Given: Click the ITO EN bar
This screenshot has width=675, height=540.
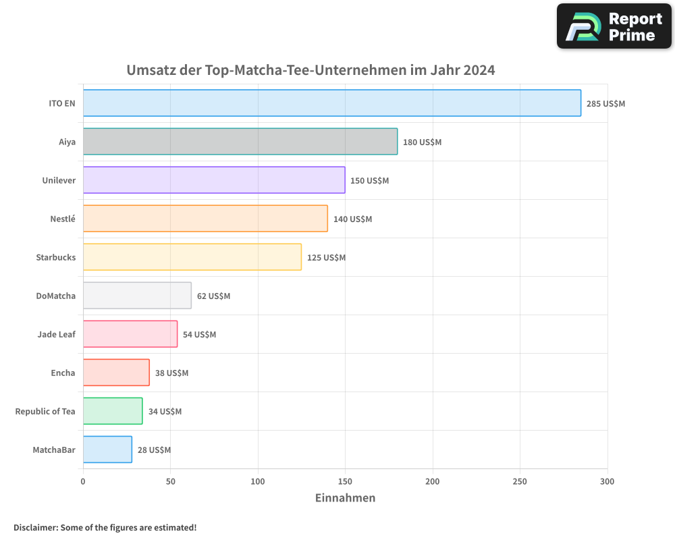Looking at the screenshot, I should click(x=331, y=103).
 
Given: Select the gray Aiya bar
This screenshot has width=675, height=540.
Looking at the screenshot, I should click(x=240, y=142).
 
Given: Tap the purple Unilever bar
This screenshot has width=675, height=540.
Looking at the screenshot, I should click(x=213, y=180).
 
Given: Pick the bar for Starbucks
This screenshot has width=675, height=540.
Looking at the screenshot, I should click(x=192, y=257).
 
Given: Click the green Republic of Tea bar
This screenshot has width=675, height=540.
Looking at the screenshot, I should click(x=113, y=411).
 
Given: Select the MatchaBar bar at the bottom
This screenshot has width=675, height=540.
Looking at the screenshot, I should click(x=107, y=450).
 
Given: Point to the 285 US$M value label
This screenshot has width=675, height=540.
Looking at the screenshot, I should click(x=605, y=104).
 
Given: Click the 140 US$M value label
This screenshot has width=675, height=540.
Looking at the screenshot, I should click(x=352, y=219).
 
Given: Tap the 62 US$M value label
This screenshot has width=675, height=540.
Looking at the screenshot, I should click(x=213, y=296).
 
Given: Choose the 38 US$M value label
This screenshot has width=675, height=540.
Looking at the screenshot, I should click(x=171, y=373).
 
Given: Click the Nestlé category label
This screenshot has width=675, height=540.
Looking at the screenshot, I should click(x=63, y=219).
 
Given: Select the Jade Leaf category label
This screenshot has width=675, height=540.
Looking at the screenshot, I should click(x=57, y=334).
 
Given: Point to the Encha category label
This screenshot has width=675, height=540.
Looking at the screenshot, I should click(x=63, y=373).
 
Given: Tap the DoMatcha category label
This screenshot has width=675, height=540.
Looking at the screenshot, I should click(x=56, y=296).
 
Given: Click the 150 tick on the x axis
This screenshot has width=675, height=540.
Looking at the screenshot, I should click(x=345, y=481).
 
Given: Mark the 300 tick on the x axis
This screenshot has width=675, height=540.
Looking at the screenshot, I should click(x=607, y=481).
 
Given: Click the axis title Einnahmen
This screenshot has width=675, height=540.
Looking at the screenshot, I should click(x=345, y=498).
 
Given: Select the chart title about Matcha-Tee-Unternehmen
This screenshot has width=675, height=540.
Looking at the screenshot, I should click(x=310, y=70).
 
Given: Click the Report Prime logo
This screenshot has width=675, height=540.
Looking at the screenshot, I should click(x=614, y=26).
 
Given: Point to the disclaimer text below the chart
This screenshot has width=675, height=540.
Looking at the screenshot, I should click(x=105, y=527).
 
